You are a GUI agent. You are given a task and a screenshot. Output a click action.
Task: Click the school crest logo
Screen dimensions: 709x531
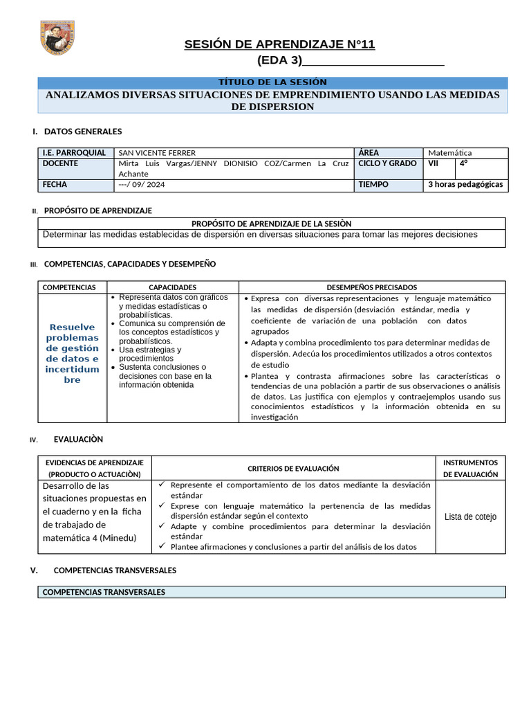pyautogui.click(x=57, y=39)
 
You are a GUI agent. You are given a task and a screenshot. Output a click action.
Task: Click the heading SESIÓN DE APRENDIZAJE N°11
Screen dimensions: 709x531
pyautogui.click(x=279, y=45)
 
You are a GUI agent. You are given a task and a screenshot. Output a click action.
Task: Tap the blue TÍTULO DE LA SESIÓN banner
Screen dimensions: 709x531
pyautogui.click(x=272, y=82)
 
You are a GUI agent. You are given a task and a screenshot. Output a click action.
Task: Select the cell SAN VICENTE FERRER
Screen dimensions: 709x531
pyautogui.click(x=157, y=153)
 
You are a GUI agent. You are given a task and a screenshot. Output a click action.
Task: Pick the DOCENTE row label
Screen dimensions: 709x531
pyautogui.click(x=60, y=164)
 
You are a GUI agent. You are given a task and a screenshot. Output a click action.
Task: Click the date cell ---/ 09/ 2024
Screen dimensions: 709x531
pyautogui.click(x=142, y=186)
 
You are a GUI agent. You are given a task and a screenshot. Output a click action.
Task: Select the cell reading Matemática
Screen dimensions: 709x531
pyautogui.click(x=450, y=153)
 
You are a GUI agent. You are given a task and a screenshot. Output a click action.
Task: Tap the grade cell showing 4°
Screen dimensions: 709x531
pyautogui.click(x=464, y=164)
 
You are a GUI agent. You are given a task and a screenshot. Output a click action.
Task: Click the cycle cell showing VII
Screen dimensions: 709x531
pyautogui.click(x=434, y=164)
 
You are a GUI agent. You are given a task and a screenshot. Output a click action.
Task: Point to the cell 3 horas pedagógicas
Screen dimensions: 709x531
pyautogui.click(x=465, y=186)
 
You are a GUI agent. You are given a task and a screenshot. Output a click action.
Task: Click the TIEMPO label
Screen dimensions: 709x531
pyautogui.click(x=373, y=186)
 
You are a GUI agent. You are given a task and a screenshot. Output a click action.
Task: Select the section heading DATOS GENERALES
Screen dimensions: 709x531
pyautogui.click(x=82, y=132)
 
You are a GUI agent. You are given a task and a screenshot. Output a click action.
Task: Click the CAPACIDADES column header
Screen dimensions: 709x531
pyautogui.click(x=173, y=287)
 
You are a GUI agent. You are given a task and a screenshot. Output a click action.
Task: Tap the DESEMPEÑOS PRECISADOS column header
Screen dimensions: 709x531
pyautogui.click(x=371, y=287)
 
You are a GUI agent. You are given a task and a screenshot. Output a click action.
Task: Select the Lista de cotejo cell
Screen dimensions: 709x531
pyautogui.click(x=470, y=517)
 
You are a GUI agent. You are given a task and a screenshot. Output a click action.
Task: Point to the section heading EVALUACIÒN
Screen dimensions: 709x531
pyautogui.click(x=78, y=440)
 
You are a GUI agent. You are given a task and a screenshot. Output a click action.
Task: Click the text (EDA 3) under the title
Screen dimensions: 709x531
pyautogui.click(x=279, y=61)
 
